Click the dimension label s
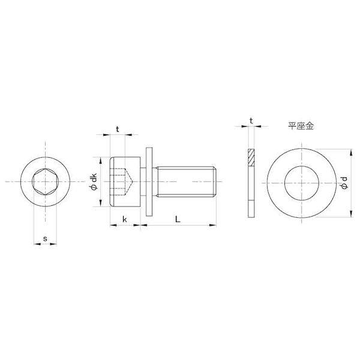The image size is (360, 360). pyautogui.click(x=45, y=239)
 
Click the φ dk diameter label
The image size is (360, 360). pyautogui.click(x=94, y=182)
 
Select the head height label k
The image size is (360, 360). pyautogui.click(x=125, y=220)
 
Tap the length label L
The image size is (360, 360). pyautogui.click(x=178, y=220)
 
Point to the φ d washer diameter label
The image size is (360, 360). pyautogui.click(x=344, y=183)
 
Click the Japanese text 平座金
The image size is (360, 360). pyautogui.click(x=301, y=126)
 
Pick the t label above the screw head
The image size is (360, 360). pyautogui.click(x=118, y=130)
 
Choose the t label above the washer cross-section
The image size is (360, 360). pyautogui.click(x=251, y=121)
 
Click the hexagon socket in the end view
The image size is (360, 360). pyautogui.click(x=46, y=182)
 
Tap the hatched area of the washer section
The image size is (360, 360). pyautogui.click(x=251, y=157)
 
